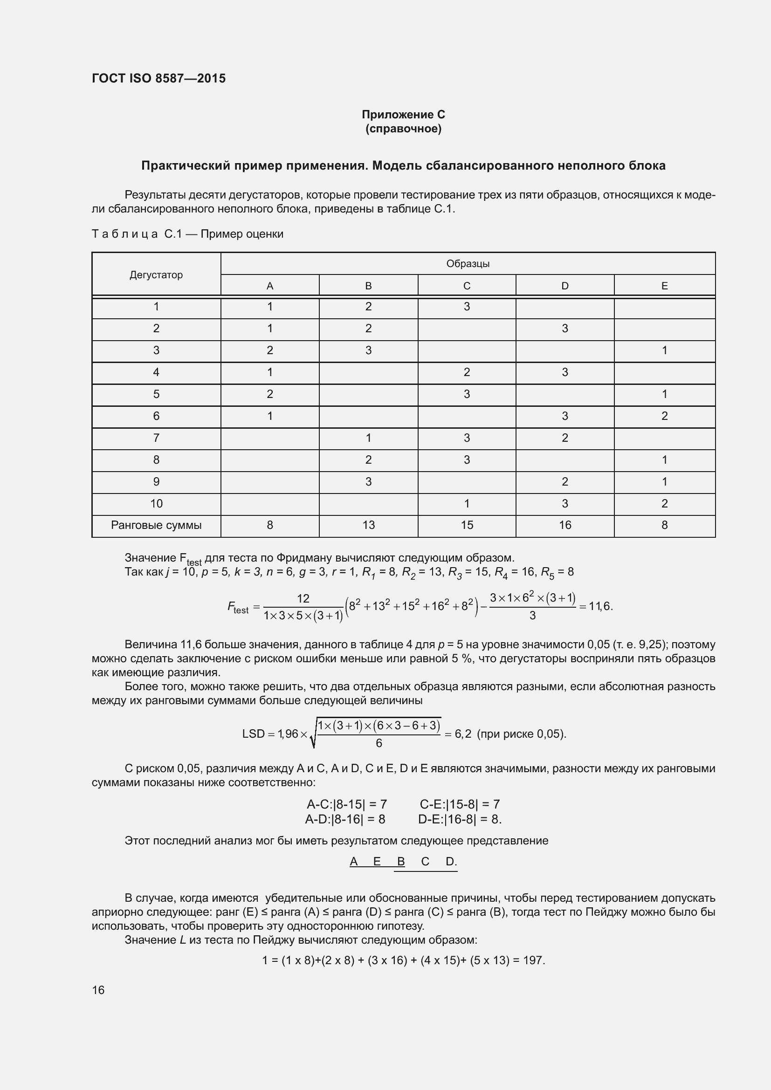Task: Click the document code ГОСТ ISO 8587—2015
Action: coord(158,78)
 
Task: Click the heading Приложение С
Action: coord(403,115)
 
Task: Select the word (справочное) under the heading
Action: coord(403,129)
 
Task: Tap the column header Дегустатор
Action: coord(156,275)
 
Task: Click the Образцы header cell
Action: coord(468,263)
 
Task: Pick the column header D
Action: coord(564,286)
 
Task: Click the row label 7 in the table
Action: coord(156,438)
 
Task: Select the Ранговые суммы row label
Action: coord(156,525)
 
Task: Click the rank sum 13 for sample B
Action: coord(368,525)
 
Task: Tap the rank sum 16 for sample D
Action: coord(564,525)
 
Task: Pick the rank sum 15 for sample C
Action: coord(467,525)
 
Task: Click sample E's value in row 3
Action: coord(664,350)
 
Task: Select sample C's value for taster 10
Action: coord(467,503)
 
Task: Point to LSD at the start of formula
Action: coord(253,734)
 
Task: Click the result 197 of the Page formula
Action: coord(533,960)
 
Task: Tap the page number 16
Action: coord(98,990)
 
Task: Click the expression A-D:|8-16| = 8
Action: coord(345,819)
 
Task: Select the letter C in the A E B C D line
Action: coord(425,862)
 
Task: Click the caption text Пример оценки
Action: coord(241,234)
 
